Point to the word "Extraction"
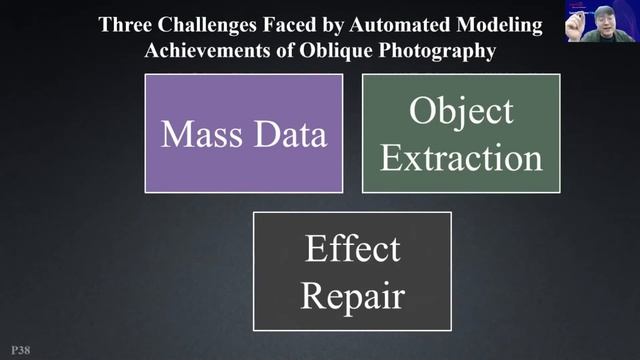(461, 157)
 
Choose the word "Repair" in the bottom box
(352, 295)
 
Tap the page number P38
(19, 351)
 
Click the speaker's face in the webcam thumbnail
(605, 23)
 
